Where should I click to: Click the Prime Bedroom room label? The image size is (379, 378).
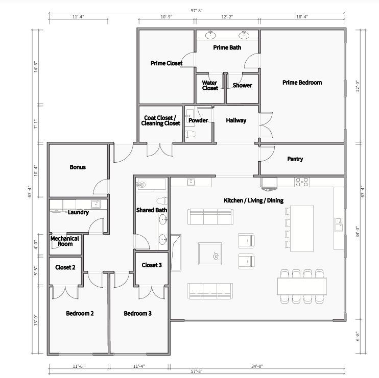[302, 83]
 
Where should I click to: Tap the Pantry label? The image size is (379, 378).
[295, 159]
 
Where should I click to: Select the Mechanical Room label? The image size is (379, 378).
[65, 241]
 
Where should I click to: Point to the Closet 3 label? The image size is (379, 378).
[152, 265]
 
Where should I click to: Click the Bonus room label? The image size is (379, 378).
[78, 167]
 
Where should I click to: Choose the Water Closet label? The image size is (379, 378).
[210, 85]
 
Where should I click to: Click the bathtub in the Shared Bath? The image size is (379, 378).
[152, 184]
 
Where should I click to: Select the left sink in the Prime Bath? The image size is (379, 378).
[210, 35]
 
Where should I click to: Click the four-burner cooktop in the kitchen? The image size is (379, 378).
[302, 182]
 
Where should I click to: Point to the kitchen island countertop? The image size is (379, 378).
[302, 229]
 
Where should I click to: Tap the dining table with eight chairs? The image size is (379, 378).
[302, 286]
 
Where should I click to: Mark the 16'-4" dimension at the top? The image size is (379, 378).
[301, 17]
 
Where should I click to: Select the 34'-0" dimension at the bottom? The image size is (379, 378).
[257, 366]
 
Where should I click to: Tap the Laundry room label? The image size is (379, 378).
[78, 212]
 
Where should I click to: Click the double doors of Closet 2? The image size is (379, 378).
[65, 291]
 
